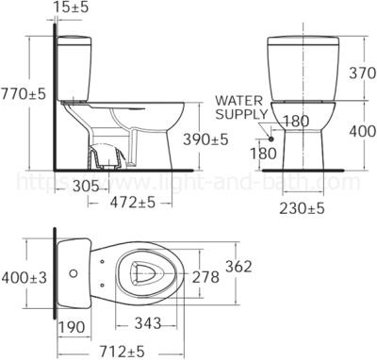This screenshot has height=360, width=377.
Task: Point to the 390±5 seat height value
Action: (x=205, y=139)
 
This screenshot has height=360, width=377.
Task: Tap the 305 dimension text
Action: (x=87, y=187)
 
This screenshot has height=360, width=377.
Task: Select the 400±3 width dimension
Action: (x=24, y=277)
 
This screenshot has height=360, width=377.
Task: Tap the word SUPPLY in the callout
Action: (x=236, y=113)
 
